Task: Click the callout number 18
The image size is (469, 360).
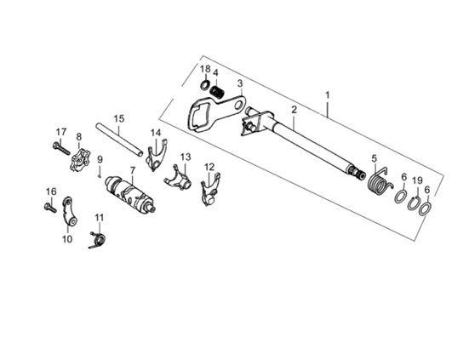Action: (x=205, y=69)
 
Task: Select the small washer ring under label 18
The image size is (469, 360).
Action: (x=205, y=85)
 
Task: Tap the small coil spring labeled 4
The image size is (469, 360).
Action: (x=217, y=91)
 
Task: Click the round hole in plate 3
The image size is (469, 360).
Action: (x=238, y=106)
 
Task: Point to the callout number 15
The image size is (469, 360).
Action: (x=119, y=118)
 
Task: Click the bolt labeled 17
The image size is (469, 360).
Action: (x=60, y=148)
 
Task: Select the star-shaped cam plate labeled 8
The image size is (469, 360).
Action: (x=79, y=160)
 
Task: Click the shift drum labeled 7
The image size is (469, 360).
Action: (x=130, y=195)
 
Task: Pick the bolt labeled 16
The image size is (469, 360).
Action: (x=50, y=208)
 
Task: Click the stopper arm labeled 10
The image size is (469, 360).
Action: (x=70, y=212)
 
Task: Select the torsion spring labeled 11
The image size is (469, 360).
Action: (x=98, y=239)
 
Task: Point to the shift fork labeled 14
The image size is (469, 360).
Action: (x=156, y=156)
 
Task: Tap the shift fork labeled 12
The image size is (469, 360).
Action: (x=210, y=190)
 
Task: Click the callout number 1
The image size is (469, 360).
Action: (x=328, y=95)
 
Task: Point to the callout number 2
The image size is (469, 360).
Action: (x=294, y=110)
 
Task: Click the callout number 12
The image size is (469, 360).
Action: (x=209, y=167)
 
